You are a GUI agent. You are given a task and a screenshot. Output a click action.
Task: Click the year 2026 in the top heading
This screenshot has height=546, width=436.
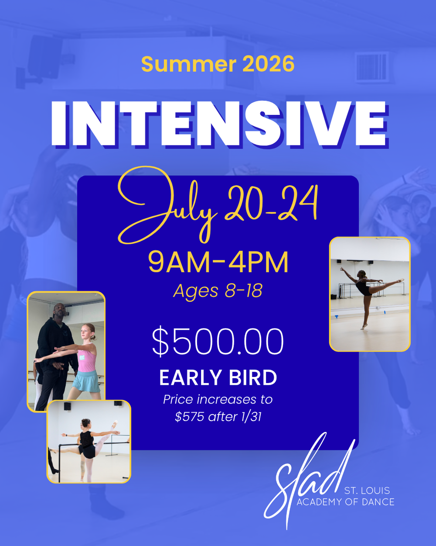tap(268, 64)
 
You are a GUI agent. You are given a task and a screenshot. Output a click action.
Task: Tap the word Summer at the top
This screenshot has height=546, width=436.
tap(189, 64)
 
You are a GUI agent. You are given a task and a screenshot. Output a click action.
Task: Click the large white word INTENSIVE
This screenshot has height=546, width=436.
tap(219, 124)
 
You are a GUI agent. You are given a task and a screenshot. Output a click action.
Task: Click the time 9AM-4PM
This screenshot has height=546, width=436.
tap(218, 262)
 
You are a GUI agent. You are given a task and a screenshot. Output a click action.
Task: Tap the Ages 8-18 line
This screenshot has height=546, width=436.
tap(218, 290)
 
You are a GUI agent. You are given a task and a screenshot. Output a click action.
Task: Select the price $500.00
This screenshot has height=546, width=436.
tap(218, 342)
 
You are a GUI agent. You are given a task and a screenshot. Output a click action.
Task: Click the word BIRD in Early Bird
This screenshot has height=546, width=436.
tap(252, 378)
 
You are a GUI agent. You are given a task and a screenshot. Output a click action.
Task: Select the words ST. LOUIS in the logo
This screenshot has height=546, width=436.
tap(367, 491)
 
